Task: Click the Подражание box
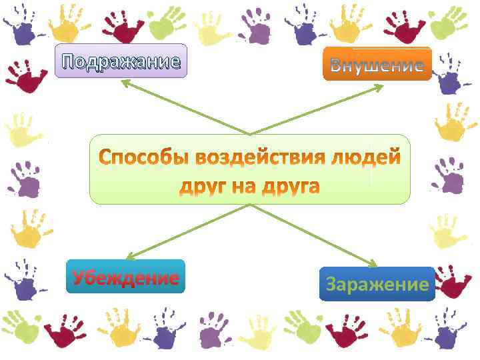pyautogui.click(x=121, y=61)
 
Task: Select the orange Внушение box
pyautogui.click(x=377, y=64)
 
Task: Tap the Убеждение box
pyautogui.click(x=125, y=277)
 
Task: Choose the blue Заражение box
pyautogui.click(x=377, y=285)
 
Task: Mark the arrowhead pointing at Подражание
pyautogui.click(x=124, y=83)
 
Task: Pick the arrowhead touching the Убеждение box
pyautogui.click(x=129, y=256)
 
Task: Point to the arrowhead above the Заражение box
pyautogui.click(x=374, y=265)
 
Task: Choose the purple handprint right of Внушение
pyautogui.click(x=451, y=79)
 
